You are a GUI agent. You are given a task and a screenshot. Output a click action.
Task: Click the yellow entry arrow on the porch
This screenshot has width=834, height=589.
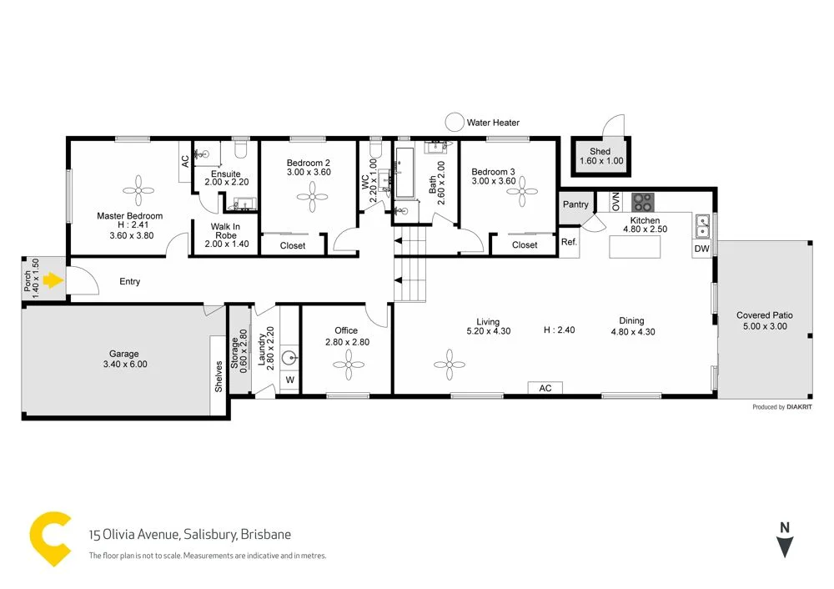coord(53,280)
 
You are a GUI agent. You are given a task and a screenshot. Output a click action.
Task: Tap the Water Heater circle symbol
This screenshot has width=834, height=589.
coord(454,123)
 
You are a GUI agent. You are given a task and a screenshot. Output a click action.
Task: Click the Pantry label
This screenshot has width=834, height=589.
coord(575,204)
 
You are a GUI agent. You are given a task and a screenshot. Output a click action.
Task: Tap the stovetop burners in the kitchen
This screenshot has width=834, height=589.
coord(642,202)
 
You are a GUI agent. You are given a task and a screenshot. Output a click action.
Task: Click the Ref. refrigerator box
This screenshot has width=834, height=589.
coord(570,243)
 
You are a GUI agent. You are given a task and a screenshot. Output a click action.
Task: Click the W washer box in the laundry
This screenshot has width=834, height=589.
coord(289,380)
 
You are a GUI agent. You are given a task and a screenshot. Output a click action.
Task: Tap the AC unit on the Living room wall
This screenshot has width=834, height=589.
coord(545,388)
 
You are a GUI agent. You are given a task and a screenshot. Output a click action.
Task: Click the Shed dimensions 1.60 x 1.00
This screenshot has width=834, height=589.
coord(600,161)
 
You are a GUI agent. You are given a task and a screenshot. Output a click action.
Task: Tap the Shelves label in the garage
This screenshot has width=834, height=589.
coord(219,377)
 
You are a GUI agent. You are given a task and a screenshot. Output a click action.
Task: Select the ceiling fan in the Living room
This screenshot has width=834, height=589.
coord(450,361)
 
